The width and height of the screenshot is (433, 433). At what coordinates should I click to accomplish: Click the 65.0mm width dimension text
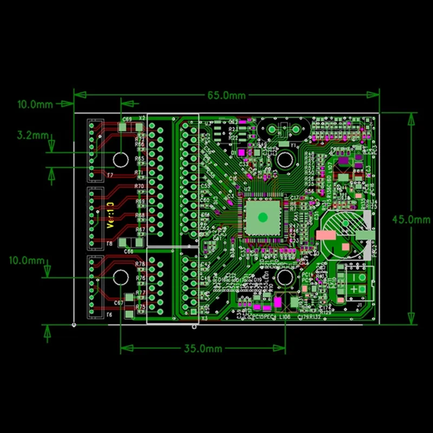(x=226, y=96)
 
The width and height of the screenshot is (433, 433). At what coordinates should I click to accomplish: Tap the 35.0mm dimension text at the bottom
(x=203, y=349)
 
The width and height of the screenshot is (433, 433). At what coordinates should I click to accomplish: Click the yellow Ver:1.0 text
(x=110, y=215)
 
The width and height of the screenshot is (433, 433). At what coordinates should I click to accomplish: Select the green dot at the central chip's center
(x=263, y=218)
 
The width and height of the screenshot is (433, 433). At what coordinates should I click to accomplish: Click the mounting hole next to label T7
(x=120, y=160)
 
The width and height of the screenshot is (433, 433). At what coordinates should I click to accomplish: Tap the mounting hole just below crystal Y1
(x=284, y=160)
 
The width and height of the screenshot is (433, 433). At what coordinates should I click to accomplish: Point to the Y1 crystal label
(x=293, y=146)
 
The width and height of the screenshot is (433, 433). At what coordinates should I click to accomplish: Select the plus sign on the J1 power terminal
(x=353, y=290)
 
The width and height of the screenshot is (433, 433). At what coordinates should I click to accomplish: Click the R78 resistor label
(x=140, y=264)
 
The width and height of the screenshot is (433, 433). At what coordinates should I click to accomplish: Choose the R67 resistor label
(x=140, y=229)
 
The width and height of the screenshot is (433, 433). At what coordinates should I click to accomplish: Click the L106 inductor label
(x=285, y=318)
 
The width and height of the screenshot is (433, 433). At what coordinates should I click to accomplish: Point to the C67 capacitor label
(x=119, y=303)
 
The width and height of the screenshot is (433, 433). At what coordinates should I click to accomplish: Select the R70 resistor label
(x=140, y=186)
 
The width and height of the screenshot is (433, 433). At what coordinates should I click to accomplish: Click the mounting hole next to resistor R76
(x=120, y=277)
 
